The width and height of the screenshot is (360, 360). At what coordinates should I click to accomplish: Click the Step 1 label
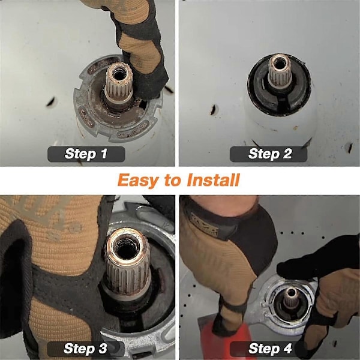[x=86, y=154]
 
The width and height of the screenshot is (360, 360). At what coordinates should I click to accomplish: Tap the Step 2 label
[x=269, y=154]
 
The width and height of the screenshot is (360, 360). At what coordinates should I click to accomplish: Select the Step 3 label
[x=86, y=349]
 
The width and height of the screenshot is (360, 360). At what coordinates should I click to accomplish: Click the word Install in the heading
[x=213, y=180]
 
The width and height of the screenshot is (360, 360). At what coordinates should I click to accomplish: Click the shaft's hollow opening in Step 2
[x=280, y=63]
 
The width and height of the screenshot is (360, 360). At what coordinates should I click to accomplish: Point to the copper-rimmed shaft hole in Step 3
[x=125, y=245]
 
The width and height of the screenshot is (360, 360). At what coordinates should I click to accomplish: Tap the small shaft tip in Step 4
[x=291, y=298]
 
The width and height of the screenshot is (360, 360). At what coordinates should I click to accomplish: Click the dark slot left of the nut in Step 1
[x=50, y=102]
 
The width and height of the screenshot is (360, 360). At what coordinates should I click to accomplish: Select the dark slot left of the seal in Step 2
[x=213, y=110]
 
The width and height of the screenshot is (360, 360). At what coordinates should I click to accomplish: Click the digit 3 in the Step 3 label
[x=103, y=349]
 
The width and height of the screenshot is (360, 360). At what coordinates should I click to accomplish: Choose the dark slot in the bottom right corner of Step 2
[x=350, y=148]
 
